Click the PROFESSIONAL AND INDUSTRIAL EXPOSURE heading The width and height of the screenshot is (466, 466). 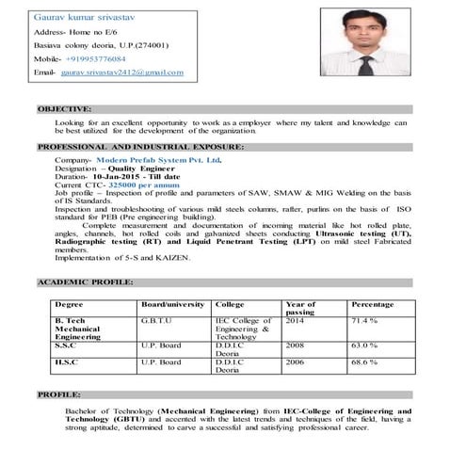click(140, 147)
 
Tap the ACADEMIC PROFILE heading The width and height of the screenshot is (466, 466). click(86, 282)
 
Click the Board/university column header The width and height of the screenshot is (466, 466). click(172, 305)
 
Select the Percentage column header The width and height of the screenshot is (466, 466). click(372, 305)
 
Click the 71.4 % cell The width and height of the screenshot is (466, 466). click(364, 321)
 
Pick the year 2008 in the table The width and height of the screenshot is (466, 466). click(295, 345)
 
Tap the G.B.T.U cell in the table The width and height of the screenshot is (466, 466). click(156, 321)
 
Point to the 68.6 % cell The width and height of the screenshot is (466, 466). click(364, 362)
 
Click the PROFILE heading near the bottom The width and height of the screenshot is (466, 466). click(59, 394)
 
